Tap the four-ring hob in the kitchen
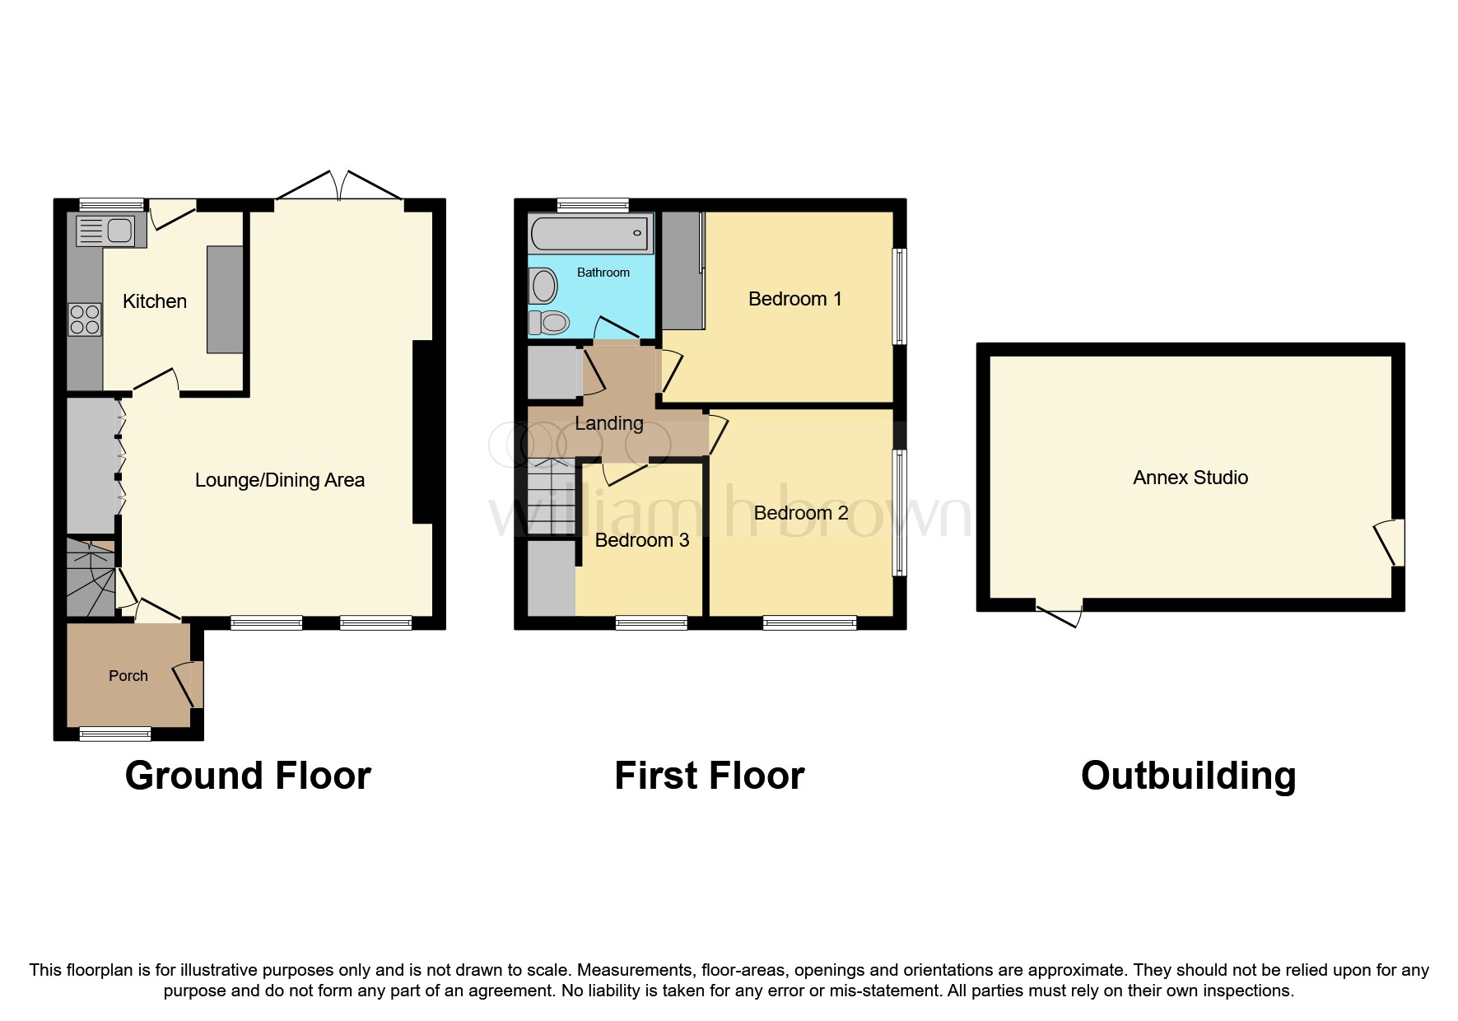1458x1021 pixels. [85, 319]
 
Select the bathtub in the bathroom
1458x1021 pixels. [589, 234]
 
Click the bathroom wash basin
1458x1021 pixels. [543, 287]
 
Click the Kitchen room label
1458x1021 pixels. [155, 301]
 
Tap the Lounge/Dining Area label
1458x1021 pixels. [279, 480]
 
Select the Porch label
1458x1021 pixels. [128, 676]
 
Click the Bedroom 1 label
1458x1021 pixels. [794, 299]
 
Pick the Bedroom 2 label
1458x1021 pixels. [800, 513]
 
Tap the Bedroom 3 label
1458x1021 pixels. [641, 540]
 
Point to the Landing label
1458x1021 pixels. [608, 423]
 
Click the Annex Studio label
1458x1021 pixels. [1190, 478]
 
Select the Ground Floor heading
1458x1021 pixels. [248, 776]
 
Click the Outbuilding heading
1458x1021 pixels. [1187, 776]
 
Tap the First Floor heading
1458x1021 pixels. [709, 776]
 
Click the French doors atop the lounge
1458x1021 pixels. [338, 188]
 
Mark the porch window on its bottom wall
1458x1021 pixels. [115, 733]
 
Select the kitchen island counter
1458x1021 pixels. [225, 299]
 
